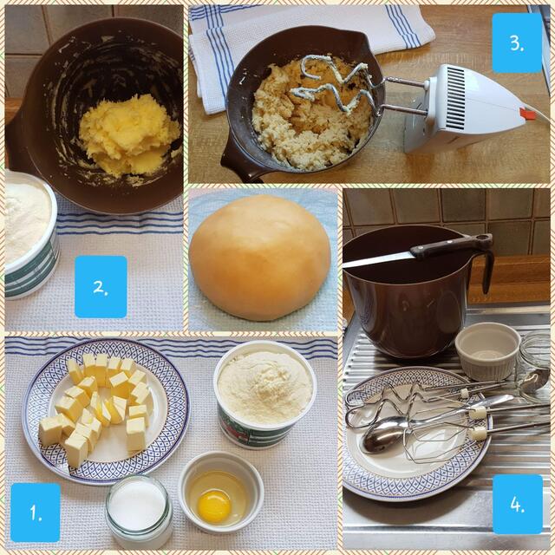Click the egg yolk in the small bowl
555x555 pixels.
(213, 505)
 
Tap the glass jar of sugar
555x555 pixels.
(139, 512)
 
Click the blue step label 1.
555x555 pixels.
(36, 512)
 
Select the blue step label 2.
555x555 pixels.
(101, 286)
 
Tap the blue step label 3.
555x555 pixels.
(517, 42)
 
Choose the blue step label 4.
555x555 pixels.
(517, 504)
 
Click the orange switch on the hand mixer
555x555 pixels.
(526, 114)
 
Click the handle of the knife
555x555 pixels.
(451, 246)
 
